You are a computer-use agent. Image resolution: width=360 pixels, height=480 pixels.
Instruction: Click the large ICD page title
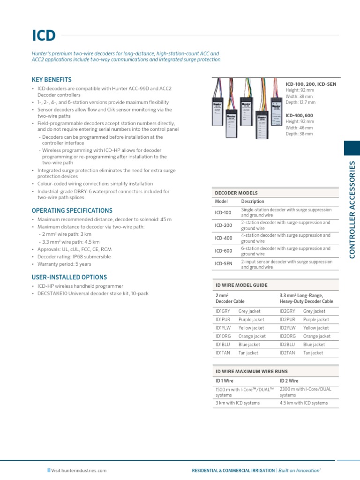pyautogui.click(x=44, y=36)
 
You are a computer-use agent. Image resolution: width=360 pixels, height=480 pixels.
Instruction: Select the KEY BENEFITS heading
pyautogui.click(x=52, y=80)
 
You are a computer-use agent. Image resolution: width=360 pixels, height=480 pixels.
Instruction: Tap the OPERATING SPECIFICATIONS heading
pyautogui.click(x=72, y=210)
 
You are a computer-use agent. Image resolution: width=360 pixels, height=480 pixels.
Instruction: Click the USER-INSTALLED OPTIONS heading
pyautogui.click(x=69, y=277)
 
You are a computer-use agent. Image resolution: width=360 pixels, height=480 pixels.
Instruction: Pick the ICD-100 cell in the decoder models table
pyautogui.click(x=223, y=212)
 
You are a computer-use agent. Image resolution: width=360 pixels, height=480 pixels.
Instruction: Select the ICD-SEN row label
pyautogui.click(x=224, y=264)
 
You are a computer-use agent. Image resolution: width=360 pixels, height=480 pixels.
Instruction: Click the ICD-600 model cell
pyautogui.click(x=223, y=251)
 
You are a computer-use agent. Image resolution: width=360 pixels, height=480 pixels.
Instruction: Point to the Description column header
pyautogui.click(x=253, y=201)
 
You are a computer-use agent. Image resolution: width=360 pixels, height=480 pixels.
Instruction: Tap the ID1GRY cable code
pyautogui.click(x=223, y=311)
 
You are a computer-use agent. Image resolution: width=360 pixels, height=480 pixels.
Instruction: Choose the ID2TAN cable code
pyautogui.click(x=287, y=353)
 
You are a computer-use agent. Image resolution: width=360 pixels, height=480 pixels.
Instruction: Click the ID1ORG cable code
pyautogui.click(x=223, y=336)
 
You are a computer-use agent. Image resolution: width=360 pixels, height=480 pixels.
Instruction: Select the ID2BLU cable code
pyautogui.click(x=287, y=345)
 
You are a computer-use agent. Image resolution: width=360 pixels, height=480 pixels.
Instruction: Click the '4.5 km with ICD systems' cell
pyautogui.click(x=304, y=403)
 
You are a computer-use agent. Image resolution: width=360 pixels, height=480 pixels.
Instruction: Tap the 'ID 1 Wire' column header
pyautogui.click(x=225, y=381)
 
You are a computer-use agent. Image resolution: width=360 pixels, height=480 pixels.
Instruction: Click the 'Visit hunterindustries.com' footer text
pyautogui.click(x=79, y=470)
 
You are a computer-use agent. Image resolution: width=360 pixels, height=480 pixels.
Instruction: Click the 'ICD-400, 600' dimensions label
pyautogui.click(x=300, y=115)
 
